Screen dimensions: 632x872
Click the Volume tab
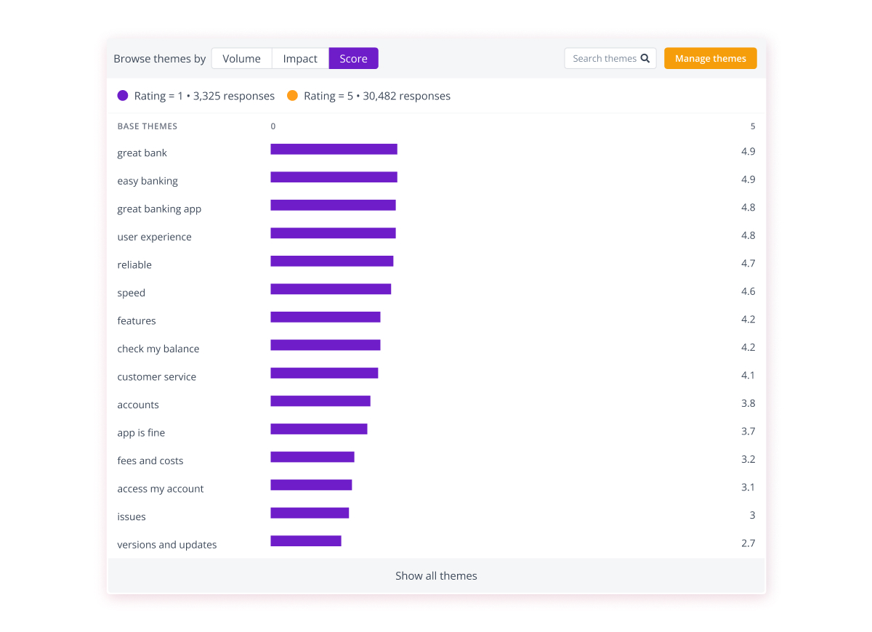click(x=241, y=59)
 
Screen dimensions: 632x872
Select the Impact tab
click(x=300, y=59)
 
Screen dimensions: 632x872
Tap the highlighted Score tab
click(x=353, y=59)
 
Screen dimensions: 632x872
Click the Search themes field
click(x=605, y=59)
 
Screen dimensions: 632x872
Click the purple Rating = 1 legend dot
click(x=123, y=96)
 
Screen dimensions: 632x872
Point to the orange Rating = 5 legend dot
click(x=292, y=96)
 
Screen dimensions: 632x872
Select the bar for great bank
click(x=334, y=150)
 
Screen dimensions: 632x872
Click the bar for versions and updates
click(x=306, y=541)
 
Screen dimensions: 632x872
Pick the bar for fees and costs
click(x=312, y=457)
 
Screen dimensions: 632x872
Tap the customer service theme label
click(x=156, y=377)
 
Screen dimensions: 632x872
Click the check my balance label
click(x=158, y=349)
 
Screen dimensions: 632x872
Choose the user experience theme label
click(x=154, y=237)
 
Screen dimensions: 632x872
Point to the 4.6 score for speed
click(x=748, y=291)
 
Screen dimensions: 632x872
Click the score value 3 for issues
click(x=752, y=515)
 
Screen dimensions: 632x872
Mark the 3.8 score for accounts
click(x=748, y=403)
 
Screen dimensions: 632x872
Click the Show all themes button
click(x=436, y=576)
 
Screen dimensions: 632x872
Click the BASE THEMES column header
click(x=148, y=126)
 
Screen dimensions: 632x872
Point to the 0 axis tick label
click(x=273, y=126)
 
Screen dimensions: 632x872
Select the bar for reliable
click(x=332, y=262)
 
